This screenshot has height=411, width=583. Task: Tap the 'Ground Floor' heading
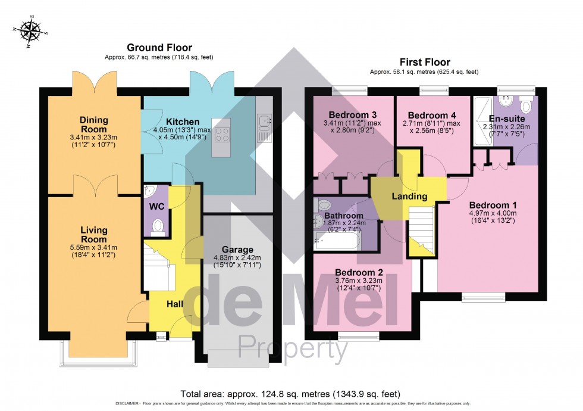(x=159, y=48)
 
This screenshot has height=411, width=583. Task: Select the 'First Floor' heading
(x=424, y=62)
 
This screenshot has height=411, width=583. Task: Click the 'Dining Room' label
(x=94, y=124)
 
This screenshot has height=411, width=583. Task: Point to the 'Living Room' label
(x=93, y=234)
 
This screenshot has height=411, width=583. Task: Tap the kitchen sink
(x=265, y=123)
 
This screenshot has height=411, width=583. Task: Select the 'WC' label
(x=156, y=206)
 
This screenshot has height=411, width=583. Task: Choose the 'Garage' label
(x=237, y=250)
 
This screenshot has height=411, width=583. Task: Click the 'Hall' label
(x=174, y=304)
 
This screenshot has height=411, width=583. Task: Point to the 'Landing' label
(x=409, y=197)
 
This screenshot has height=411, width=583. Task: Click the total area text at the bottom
(x=290, y=394)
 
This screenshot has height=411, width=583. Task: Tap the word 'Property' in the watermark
(x=293, y=349)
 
